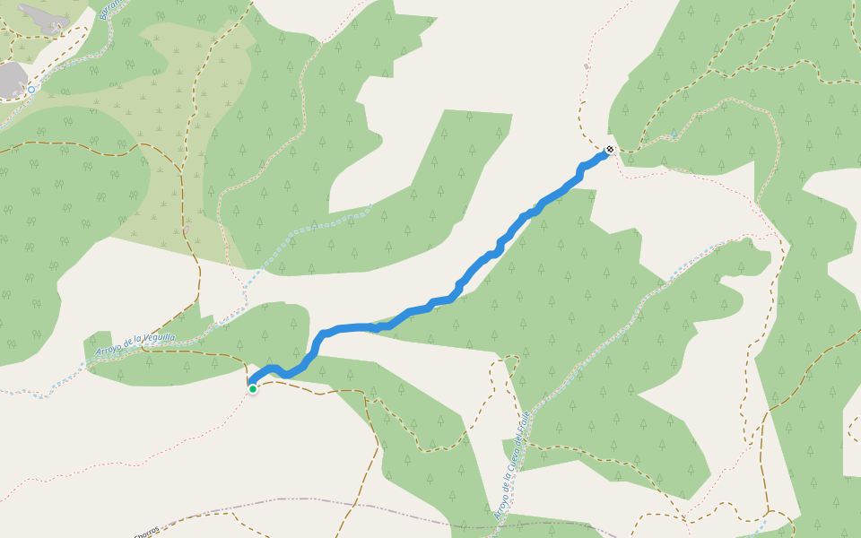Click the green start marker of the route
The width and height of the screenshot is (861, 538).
pos(253,388)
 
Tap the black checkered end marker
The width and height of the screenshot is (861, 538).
pos(610,150)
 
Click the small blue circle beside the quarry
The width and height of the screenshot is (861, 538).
pos(31,89)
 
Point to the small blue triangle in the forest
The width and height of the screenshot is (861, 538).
pos(674,134)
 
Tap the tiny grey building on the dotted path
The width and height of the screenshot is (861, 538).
pos(587,66)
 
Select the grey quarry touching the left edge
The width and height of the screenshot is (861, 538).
pos(11,79)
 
